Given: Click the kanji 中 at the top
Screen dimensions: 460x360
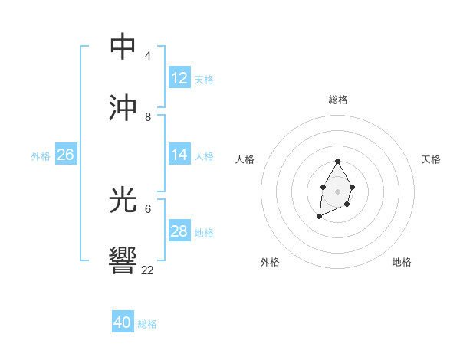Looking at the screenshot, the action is click(x=123, y=47).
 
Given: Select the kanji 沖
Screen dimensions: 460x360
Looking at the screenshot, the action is click(x=123, y=108).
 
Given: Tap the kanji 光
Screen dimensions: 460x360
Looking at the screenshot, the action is click(x=123, y=201).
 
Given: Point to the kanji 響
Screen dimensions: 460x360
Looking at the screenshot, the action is click(x=123, y=261).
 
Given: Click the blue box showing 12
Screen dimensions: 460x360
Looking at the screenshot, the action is click(x=179, y=78).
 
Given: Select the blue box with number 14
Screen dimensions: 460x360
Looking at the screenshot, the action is click(x=179, y=155).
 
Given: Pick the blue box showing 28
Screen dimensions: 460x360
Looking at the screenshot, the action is click(x=179, y=231).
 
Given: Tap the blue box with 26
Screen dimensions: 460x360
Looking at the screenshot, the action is click(x=65, y=155).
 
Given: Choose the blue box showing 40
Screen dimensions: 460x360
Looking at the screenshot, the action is click(x=123, y=322).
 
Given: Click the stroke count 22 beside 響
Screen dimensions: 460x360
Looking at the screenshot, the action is click(x=148, y=270).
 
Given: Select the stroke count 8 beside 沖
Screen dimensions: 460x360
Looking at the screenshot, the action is click(x=148, y=116).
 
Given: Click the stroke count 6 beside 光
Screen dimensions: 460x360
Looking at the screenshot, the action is click(x=148, y=208).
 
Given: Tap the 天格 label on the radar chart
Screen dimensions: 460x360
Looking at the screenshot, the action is click(x=431, y=159).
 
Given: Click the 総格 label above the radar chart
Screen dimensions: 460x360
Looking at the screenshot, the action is click(x=338, y=100).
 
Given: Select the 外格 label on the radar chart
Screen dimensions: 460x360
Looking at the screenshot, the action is click(x=270, y=262).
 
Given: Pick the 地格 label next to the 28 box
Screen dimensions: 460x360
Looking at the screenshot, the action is click(x=204, y=232).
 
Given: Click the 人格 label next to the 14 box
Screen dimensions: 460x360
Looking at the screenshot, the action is click(x=204, y=155).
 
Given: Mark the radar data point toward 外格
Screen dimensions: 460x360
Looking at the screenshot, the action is click(x=319, y=217).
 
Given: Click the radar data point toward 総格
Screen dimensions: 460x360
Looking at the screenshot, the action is click(x=337, y=161).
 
